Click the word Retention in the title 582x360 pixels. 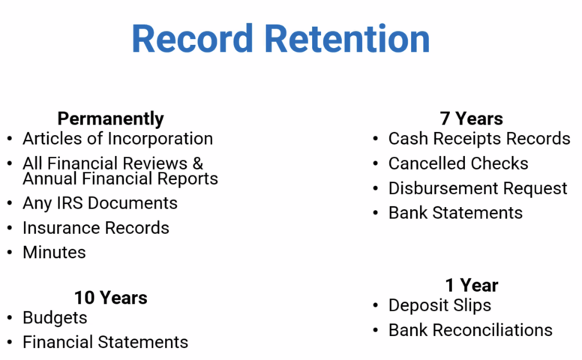(x=347, y=38)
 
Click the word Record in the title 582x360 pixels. (x=192, y=38)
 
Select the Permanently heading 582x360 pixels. (x=110, y=119)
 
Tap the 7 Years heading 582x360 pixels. (x=472, y=118)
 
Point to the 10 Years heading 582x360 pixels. (x=110, y=298)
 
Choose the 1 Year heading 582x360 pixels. (x=472, y=286)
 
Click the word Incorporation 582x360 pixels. (x=160, y=139)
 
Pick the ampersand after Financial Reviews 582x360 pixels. (x=197, y=163)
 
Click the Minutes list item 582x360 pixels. (x=54, y=252)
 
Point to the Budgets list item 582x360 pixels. (x=55, y=318)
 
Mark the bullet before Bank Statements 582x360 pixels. (x=375, y=213)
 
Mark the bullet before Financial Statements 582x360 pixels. (x=10, y=342)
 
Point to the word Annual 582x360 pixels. (x=50, y=178)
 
